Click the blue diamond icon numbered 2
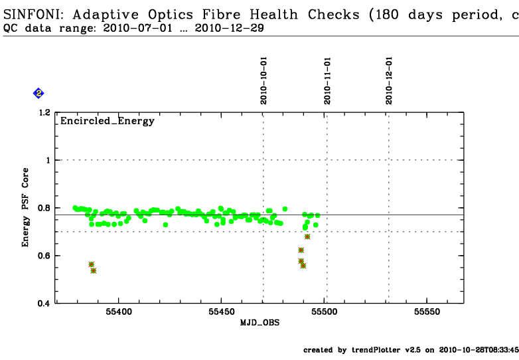point(38,94)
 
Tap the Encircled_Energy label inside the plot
point(108,121)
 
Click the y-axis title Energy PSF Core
point(26,207)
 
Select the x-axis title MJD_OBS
point(259,323)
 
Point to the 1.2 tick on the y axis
point(44,113)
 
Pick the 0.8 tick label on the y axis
point(44,208)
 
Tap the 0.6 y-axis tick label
point(44,256)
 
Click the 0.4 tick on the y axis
point(44,304)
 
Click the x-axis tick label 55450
point(221,312)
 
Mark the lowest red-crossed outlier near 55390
point(94,270)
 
